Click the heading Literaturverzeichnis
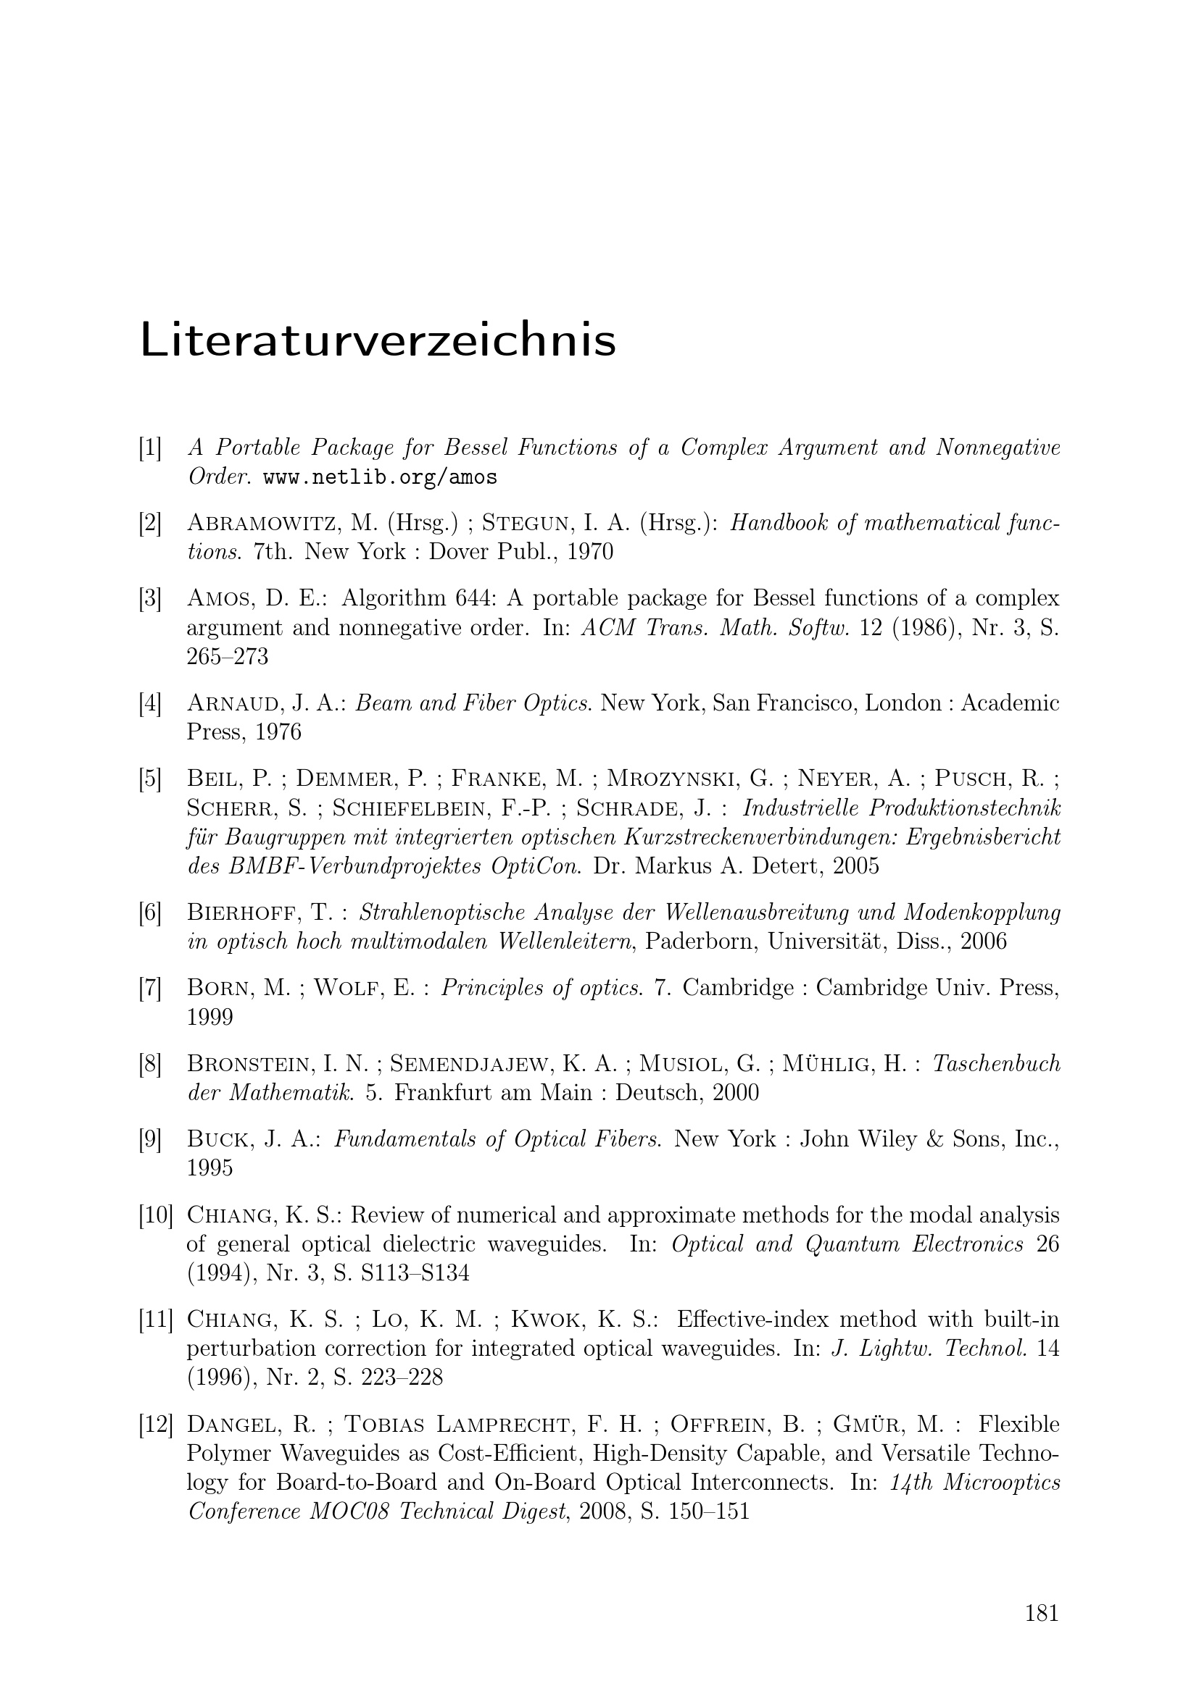point(377,340)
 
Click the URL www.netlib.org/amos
point(379,478)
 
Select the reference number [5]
point(150,779)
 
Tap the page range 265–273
point(228,657)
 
